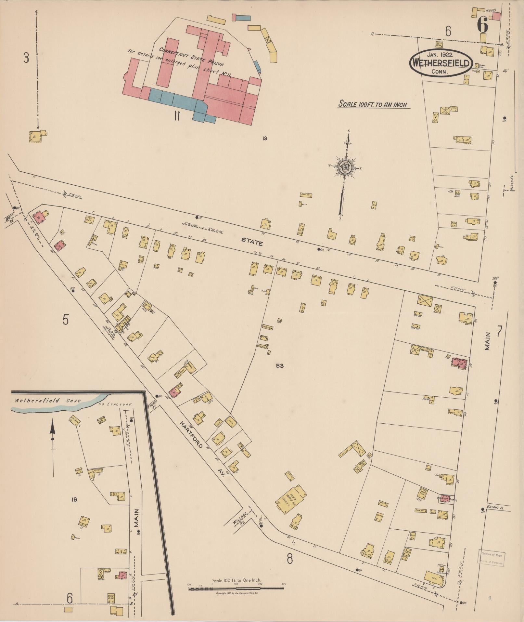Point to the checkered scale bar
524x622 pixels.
(x=236, y=589)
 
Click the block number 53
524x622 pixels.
(x=280, y=366)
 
